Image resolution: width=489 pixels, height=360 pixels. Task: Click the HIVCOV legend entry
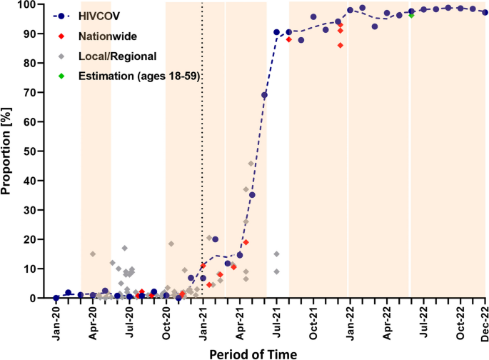pyautogui.click(x=99, y=16)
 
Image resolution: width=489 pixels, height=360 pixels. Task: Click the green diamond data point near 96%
pyautogui.click(x=412, y=15)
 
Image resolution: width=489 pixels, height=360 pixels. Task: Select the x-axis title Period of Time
pyautogui.click(x=253, y=352)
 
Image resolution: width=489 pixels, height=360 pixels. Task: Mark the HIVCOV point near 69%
pyautogui.click(x=264, y=95)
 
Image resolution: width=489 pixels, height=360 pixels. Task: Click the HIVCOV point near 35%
pyautogui.click(x=252, y=195)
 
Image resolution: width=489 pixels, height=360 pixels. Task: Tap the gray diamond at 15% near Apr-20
pyautogui.click(x=93, y=254)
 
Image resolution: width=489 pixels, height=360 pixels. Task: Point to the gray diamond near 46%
pyautogui.click(x=251, y=164)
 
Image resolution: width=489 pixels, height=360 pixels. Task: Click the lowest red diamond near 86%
pyautogui.click(x=341, y=45)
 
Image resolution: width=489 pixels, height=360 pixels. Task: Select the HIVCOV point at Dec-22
pyautogui.click(x=485, y=12)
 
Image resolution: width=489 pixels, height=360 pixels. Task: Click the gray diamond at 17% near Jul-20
pyautogui.click(x=124, y=248)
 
